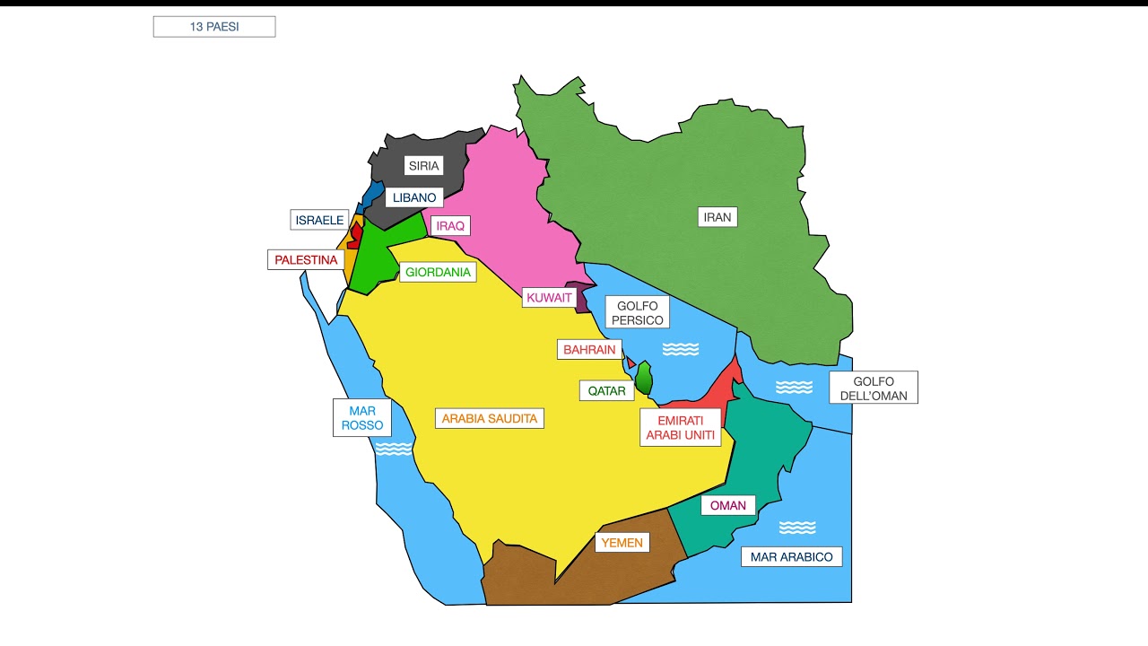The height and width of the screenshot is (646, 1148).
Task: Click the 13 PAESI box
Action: click(214, 27)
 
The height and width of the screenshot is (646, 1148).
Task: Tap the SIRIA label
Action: click(423, 165)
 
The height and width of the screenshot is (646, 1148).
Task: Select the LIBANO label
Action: click(414, 197)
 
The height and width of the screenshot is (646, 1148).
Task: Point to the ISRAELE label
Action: click(319, 220)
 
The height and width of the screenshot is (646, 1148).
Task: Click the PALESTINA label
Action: click(306, 260)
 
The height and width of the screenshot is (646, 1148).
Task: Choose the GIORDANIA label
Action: click(438, 272)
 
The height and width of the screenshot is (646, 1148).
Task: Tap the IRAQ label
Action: click(450, 226)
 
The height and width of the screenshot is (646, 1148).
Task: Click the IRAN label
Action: click(717, 216)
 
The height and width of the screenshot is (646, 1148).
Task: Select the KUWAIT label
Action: click(549, 298)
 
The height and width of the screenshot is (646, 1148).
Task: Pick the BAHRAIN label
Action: click(589, 349)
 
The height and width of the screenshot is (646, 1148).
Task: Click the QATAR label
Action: click(606, 391)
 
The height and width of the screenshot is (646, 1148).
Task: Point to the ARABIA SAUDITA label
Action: click(489, 418)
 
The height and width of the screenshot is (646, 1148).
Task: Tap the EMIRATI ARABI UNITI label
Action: click(680, 428)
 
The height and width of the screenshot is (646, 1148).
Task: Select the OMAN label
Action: click(727, 505)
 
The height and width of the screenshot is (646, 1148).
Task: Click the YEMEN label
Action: click(622, 542)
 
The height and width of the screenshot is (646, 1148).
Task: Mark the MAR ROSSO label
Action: click(362, 418)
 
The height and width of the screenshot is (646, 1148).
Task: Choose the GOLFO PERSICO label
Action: click(637, 313)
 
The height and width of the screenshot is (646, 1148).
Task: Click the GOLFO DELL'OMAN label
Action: click(873, 388)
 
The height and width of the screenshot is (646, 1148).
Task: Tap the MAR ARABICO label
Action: click(791, 557)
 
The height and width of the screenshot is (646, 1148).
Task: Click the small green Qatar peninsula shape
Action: click(643, 378)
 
